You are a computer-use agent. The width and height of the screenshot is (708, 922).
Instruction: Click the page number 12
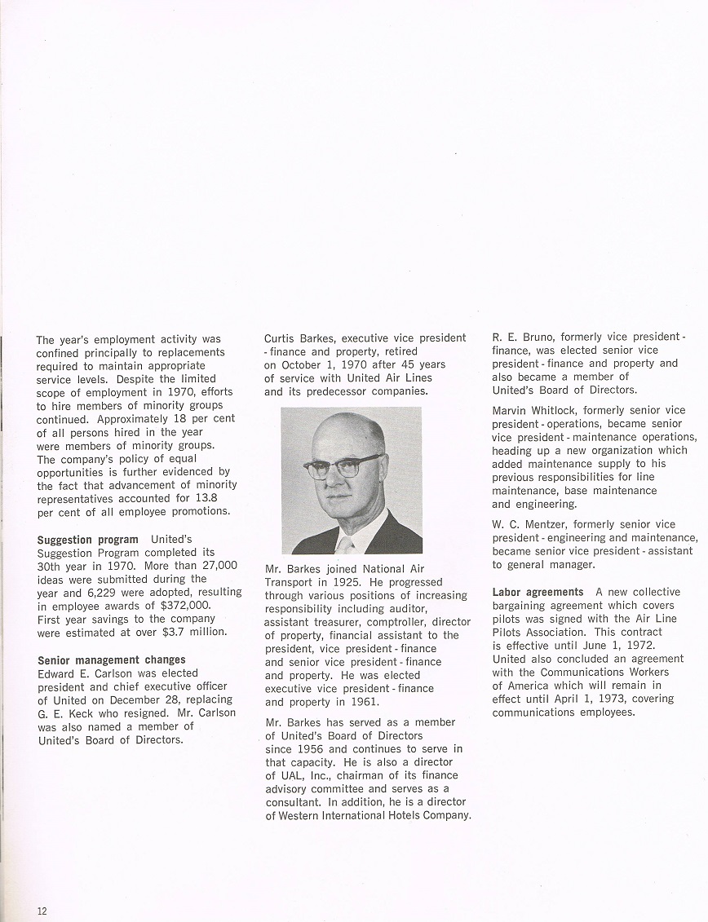42,911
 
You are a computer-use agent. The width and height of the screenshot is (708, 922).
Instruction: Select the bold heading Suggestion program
87,540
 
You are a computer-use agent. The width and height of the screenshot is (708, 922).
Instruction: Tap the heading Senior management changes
111,660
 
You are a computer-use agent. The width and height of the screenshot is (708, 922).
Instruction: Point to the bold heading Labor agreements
538,592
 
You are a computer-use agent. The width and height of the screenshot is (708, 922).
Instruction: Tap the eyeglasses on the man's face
343,467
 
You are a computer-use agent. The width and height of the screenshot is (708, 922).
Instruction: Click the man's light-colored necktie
346,544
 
